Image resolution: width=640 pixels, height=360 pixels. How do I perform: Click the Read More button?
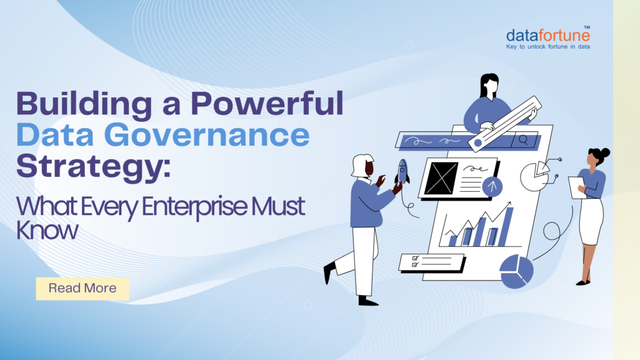pos(82,288)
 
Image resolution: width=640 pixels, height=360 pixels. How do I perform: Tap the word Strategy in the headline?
pos(91,166)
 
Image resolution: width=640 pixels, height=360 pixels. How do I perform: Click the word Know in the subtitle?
pos(47,231)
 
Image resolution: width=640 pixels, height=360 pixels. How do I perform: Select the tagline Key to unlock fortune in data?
pos(548,46)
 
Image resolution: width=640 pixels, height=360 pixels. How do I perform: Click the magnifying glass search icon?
pos(523,140)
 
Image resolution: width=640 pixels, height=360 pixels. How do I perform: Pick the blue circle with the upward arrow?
pos(493,186)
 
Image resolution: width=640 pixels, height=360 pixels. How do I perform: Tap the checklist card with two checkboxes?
pos(431,261)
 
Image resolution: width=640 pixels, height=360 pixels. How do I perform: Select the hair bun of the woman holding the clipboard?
pos(604,152)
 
